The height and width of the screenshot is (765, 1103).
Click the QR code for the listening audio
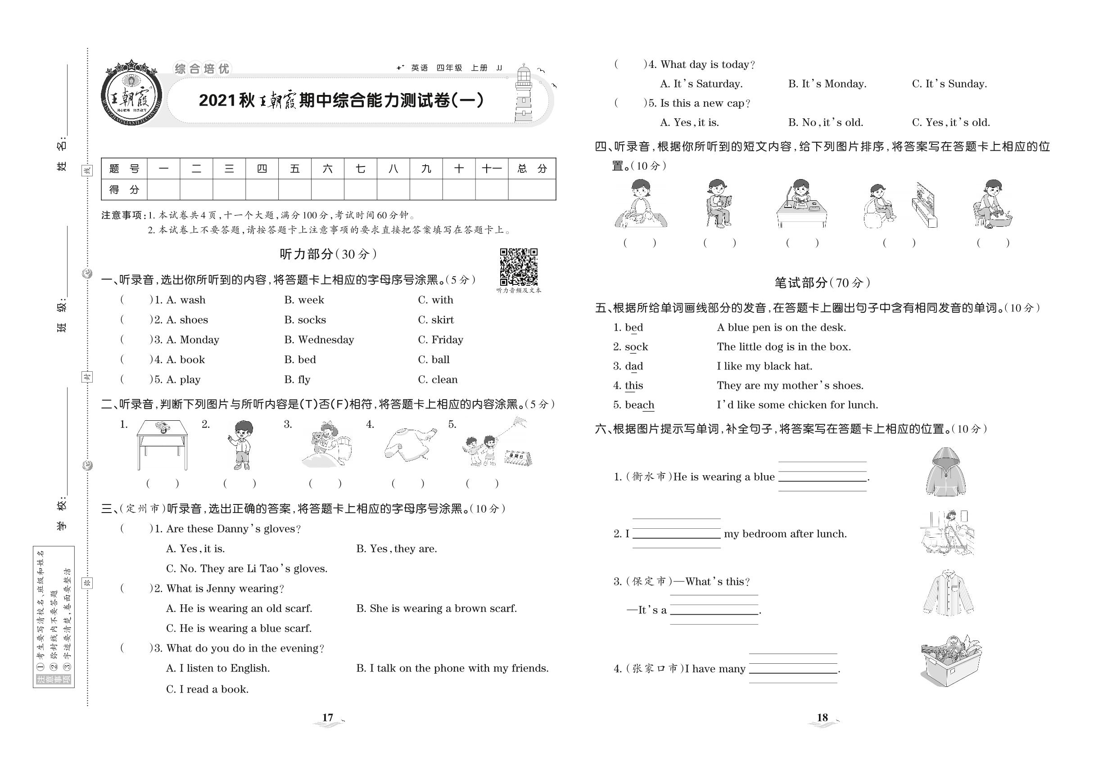pos(519,266)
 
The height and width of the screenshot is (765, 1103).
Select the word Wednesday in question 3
pos(325,340)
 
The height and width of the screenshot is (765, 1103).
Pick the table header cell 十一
pos(492,169)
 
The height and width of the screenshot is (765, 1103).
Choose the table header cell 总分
pos(532,169)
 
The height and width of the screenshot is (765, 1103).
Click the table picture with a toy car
pos(162,444)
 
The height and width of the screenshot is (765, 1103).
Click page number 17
pos(328,718)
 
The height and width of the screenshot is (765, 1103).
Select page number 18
pos(822,718)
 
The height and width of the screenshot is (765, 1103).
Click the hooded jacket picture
pos(945,472)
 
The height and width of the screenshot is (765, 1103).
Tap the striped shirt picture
pos(948,593)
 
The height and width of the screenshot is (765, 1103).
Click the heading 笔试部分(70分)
pos(822,283)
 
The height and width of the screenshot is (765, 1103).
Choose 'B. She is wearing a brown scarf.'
pos(436,609)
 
